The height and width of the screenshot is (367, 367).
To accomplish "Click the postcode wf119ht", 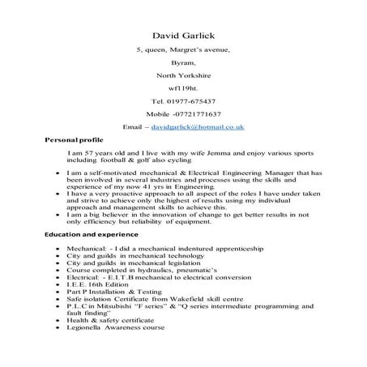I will (183, 87).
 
